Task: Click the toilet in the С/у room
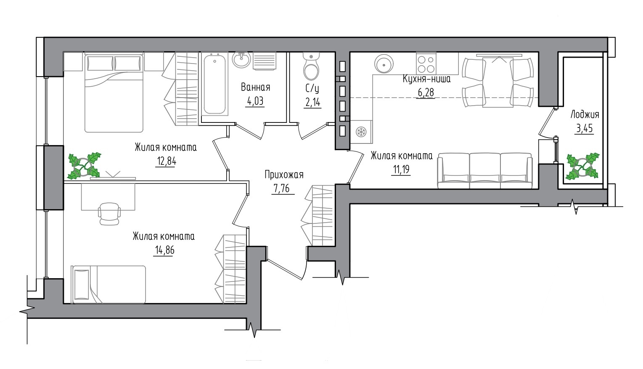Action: click(311, 66)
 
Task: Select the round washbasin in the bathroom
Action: click(241, 60)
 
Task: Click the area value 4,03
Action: click(255, 101)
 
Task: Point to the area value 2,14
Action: click(312, 102)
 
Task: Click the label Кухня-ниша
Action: click(426, 79)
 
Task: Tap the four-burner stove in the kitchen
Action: click(426, 64)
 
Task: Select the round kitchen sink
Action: click(384, 64)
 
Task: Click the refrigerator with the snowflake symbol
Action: click(361, 132)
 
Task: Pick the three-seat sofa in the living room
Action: click(485, 170)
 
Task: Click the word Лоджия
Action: click(585, 115)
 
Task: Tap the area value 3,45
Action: click(585, 128)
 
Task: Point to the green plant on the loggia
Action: click(582, 166)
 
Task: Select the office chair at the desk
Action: click(109, 214)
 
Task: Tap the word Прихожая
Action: click(284, 175)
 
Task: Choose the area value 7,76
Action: click(282, 188)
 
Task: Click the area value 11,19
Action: click(401, 170)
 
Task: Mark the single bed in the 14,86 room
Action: click(109, 284)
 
